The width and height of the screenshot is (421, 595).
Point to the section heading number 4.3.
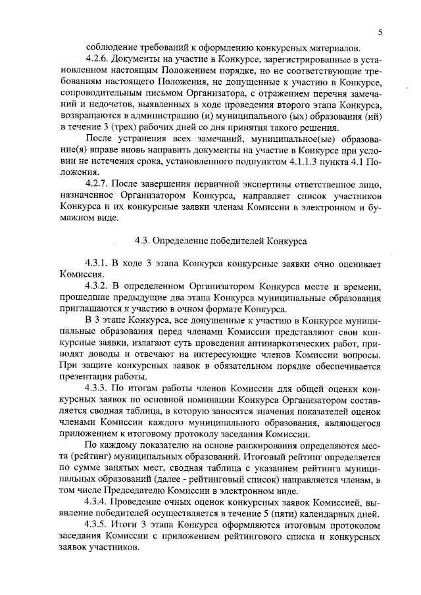coord(143,241)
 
